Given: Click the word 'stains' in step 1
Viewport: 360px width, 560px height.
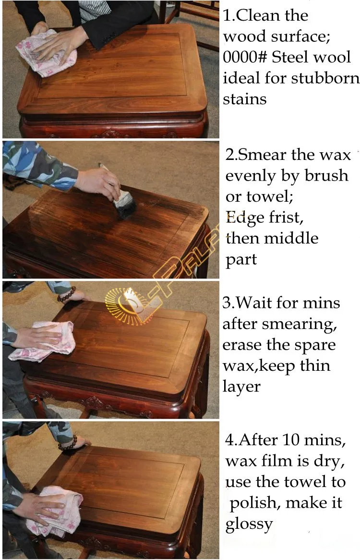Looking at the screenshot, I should coord(244,99).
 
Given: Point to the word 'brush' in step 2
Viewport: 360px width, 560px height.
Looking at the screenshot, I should coord(326,176).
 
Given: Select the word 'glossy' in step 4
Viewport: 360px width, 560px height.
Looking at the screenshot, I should coord(249,523).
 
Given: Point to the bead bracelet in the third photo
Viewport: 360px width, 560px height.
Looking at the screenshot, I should coord(66,293).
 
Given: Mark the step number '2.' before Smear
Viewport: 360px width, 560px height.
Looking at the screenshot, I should coord(231,155).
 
